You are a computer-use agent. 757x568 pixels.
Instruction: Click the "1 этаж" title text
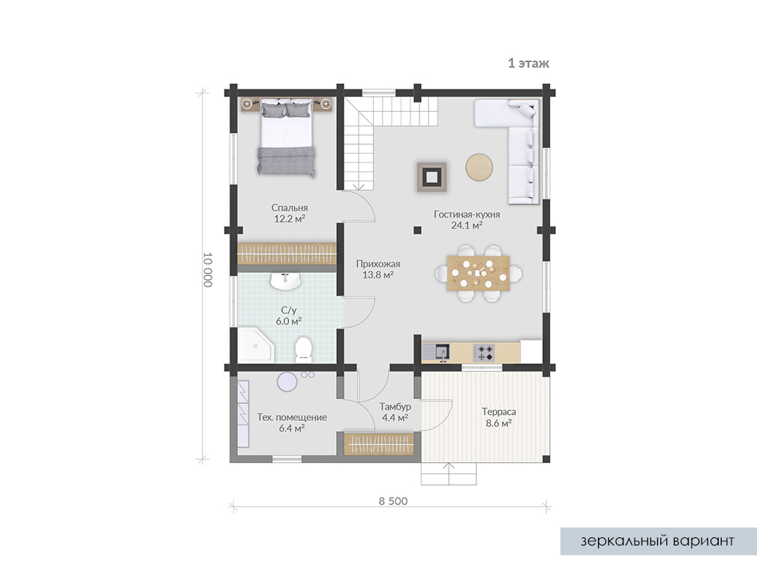click(x=529, y=63)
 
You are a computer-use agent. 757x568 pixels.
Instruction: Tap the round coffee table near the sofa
click(x=479, y=167)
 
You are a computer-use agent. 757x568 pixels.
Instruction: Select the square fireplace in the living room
click(x=431, y=177)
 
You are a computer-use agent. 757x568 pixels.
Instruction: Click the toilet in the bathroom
click(x=303, y=349)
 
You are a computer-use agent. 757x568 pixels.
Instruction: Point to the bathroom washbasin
click(x=285, y=281)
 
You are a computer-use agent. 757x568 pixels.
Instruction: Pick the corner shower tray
click(x=255, y=345)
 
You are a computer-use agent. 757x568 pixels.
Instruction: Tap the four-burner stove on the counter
click(x=484, y=353)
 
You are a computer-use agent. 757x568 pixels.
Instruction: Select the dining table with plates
click(x=478, y=273)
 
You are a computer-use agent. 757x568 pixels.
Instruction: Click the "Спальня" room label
click(x=290, y=208)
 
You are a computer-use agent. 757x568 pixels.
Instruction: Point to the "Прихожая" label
click(x=378, y=263)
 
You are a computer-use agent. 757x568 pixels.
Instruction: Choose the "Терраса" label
click(x=499, y=412)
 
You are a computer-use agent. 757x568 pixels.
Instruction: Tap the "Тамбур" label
click(x=395, y=407)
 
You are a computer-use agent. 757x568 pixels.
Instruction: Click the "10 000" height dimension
click(x=208, y=269)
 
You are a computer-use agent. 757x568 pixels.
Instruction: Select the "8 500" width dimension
click(x=393, y=501)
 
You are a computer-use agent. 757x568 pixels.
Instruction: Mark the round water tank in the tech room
click(x=287, y=382)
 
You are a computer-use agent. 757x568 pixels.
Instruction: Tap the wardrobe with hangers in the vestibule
click(x=379, y=444)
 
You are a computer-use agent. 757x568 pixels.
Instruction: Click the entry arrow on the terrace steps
click(x=449, y=473)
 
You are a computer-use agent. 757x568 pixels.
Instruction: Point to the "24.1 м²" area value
click(x=467, y=225)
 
